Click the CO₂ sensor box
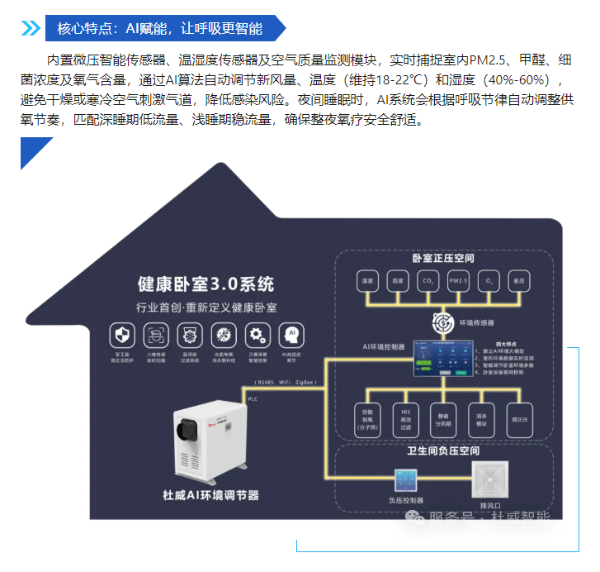pyautogui.click(x=427, y=282)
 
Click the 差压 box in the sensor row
pyautogui.click(x=519, y=282)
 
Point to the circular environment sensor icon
pyautogui.click(x=443, y=320)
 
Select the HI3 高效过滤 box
pyautogui.click(x=405, y=417)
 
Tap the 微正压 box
pyautogui.click(x=520, y=417)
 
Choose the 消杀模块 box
pyautogui.click(x=482, y=417)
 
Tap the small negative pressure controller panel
pyautogui.click(x=405, y=480)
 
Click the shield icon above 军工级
pyautogui.click(x=122, y=334)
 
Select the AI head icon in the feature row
pyautogui.click(x=291, y=334)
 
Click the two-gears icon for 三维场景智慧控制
pyautogui.click(x=257, y=334)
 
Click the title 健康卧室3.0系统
pyautogui.click(x=206, y=285)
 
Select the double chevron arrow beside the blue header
pyautogui.click(x=31, y=28)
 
